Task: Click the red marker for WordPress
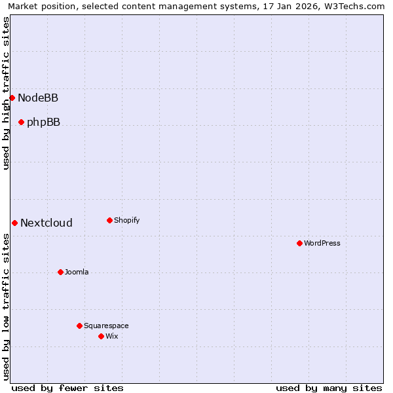[x=299, y=243]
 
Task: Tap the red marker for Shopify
[x=109, y=220]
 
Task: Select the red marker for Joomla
[x=60, y=272]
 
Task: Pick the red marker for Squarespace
[x=79, y=326]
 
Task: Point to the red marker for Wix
[x=101, y=336]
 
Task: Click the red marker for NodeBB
[x=12, y=98]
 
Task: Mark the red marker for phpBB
[x=21, y=122]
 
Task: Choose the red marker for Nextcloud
[x=14, y=223]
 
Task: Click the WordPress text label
[x=322, y=243]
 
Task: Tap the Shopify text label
[x=127, y=220]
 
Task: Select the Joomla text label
[x=77, y=272]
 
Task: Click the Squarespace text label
[x=106, y=326]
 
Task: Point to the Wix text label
[x=112, y=336]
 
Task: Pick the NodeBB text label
[x=38, y=98]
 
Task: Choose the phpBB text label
[x=43, y=122]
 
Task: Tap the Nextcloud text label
[x=47, y=223]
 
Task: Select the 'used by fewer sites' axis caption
[x=67, y=388]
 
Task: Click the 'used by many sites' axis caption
[x=329, y=388]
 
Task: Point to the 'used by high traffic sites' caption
[x=6, y=93]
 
